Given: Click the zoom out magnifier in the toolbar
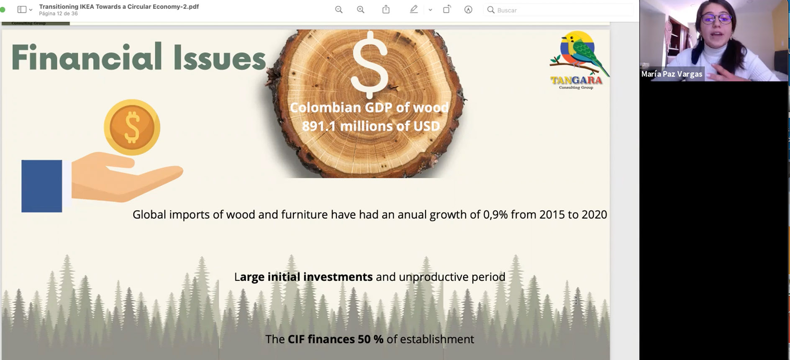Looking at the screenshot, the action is coord(339,10).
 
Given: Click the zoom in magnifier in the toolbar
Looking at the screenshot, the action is coord(361,10).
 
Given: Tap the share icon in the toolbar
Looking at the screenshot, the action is coord(386,9).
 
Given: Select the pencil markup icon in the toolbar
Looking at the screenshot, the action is coord(414,9).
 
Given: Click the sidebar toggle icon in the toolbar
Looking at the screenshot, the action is coord(22,10).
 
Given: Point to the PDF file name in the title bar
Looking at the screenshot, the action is coord(119,7).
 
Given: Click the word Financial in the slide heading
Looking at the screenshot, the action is coord(87,57).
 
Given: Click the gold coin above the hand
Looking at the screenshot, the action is coord(132,127).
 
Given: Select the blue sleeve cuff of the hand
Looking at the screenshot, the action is coord(42,186).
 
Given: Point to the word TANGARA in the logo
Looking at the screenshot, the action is coord(576,80).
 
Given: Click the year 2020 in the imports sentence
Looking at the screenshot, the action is coord(594,215).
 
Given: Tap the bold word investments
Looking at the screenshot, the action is coord(338,277).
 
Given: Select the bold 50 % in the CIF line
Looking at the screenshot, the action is coord(370,339).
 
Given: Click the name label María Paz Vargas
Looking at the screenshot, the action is coord(672,74).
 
